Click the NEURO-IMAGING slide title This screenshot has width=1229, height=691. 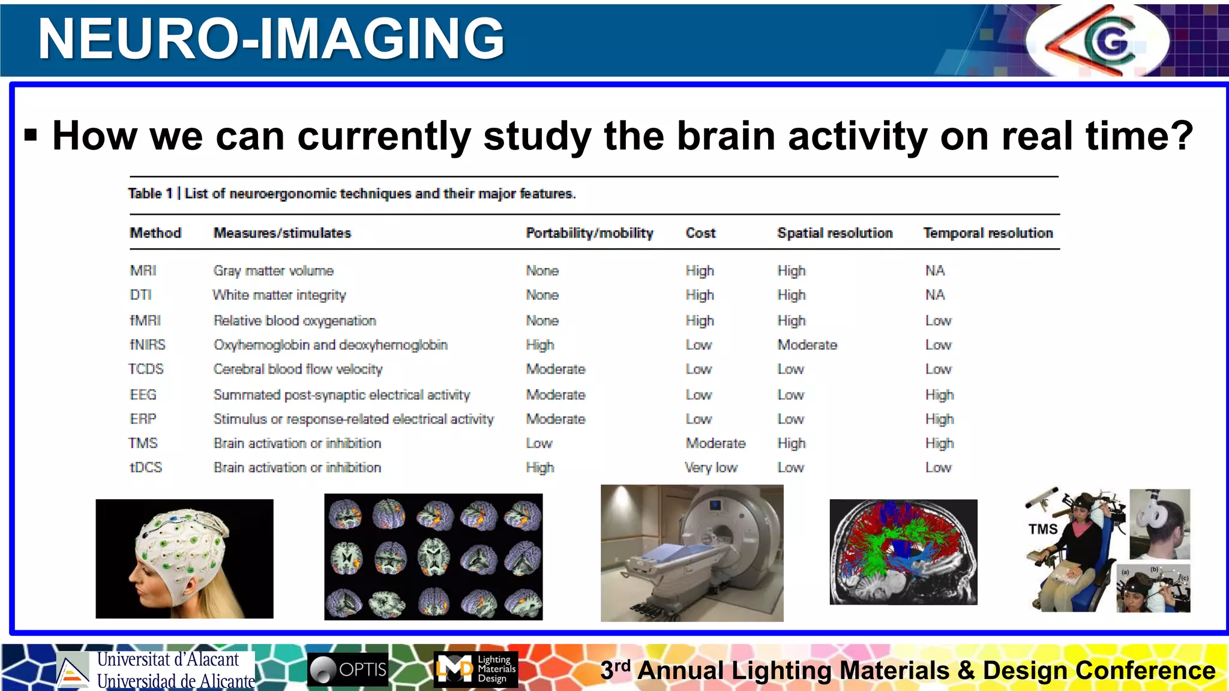click(x=271, y=38)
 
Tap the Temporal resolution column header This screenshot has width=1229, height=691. click(x=988, y=233)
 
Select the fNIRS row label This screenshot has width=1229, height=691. click(x=148, y=345)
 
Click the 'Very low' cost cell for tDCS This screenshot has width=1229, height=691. click(x=711, y=467)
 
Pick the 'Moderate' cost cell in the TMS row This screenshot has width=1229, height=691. click(x=715, y=443)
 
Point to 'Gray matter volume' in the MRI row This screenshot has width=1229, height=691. click(x=273, y=271)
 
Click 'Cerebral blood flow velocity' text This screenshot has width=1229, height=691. click(x=298, y=369)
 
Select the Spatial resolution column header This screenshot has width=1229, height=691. click(x=835, y=233)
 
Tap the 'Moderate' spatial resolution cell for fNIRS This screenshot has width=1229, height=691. click(x=807, y=345)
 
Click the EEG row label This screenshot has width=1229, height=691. click(x=143, y=395)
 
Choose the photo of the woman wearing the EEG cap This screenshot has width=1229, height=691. click(x=184, y=558)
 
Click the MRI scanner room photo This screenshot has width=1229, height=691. click(x=692, y=553)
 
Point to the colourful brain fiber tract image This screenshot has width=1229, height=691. click(x=903, y=552)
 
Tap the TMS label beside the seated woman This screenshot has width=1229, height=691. click(x=1042, y=529)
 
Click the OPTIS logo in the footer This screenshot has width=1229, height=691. click(x=348, y=669)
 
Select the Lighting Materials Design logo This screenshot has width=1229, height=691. click(x=475, y=669)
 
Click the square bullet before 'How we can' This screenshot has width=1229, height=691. click(x=31, y=136)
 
